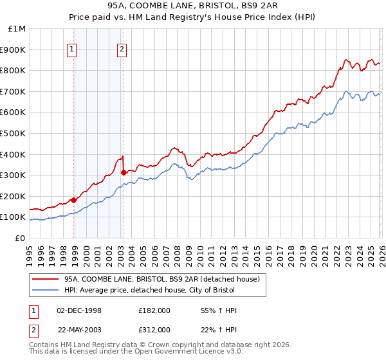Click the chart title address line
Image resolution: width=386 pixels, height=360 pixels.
[193, 6]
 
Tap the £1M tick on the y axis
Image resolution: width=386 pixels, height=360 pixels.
[17, 29]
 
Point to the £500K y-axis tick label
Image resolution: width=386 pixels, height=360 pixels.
[13, 133]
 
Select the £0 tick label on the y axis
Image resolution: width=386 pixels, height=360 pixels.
[20, 238]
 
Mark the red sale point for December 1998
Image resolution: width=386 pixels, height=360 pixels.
[74, 200]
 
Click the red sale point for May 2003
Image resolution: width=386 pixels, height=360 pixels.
[124, 172]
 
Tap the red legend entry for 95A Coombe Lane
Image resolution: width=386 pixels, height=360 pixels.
[161, 279]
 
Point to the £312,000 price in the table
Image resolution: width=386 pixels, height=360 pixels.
[154, 329]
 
